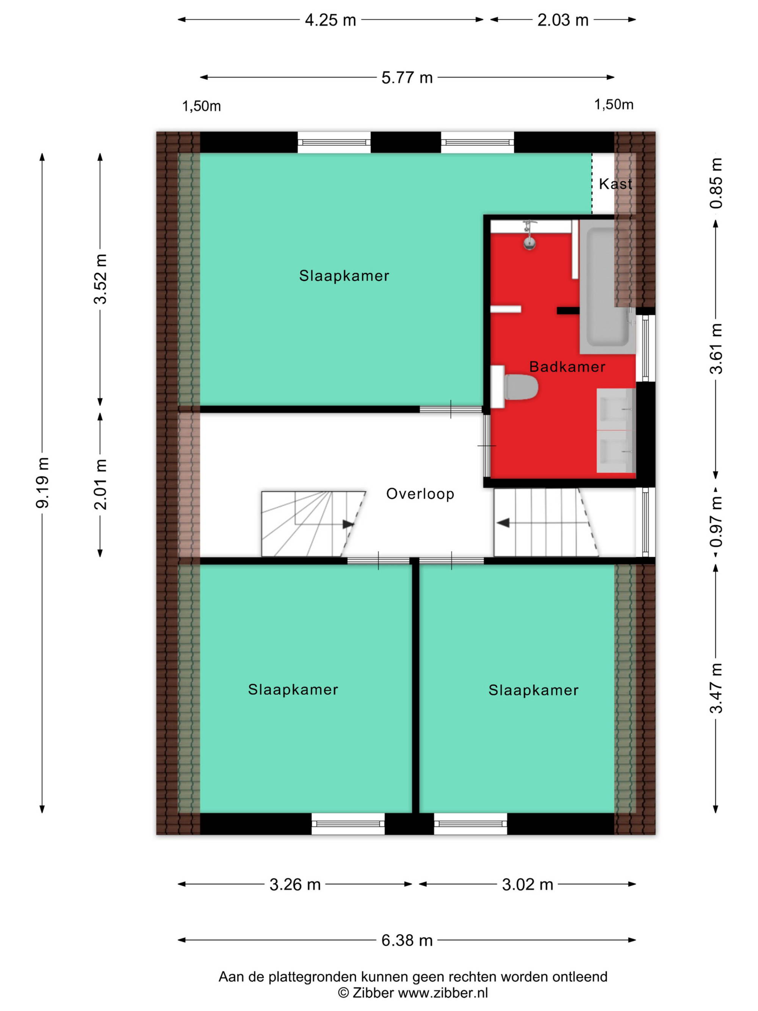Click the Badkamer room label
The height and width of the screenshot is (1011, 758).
click(x=567, y=367)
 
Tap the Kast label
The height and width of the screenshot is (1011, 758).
click(x=615, y=184)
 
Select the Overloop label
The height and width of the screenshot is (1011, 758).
click(x=420, y=494)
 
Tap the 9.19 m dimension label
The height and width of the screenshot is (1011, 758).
click(x=42, y=483)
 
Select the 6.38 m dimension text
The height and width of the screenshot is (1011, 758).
click(x=407, y=940)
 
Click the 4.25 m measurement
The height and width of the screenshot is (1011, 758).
click(x=330, y=20)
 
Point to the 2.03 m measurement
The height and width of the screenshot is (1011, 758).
click(x=563, y=20)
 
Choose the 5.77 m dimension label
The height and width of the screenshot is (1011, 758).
click(x=407, y=78)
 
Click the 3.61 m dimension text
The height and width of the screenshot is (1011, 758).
click(x=716, y=348)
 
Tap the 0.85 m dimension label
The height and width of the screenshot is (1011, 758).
click(x=716, y=183)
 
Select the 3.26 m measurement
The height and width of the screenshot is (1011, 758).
click(x=295, y=884)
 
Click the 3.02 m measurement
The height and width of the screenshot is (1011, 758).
click(x=527, y=884)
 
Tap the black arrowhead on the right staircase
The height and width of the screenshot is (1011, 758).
click(x=503, y=522)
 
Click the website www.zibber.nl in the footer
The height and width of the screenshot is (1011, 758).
click(x=443, y=992)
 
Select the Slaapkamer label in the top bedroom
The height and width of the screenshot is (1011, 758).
click(x=344, y=276)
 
